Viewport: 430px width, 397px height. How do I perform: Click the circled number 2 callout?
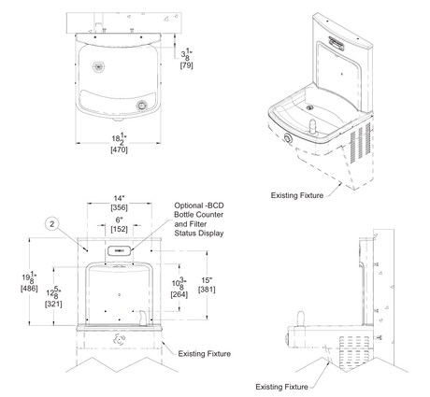(52, 223)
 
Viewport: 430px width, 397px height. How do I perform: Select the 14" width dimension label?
(119, 198)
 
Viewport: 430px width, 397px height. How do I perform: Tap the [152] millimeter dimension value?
(120, 229)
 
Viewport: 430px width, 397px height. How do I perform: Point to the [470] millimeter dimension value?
(119, 149)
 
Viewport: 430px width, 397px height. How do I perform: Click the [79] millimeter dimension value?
(187, 65)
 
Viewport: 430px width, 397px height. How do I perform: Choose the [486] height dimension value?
(29, 289)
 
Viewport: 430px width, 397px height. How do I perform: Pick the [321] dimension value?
(53, 304)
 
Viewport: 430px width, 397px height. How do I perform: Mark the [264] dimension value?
(179, 294)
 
